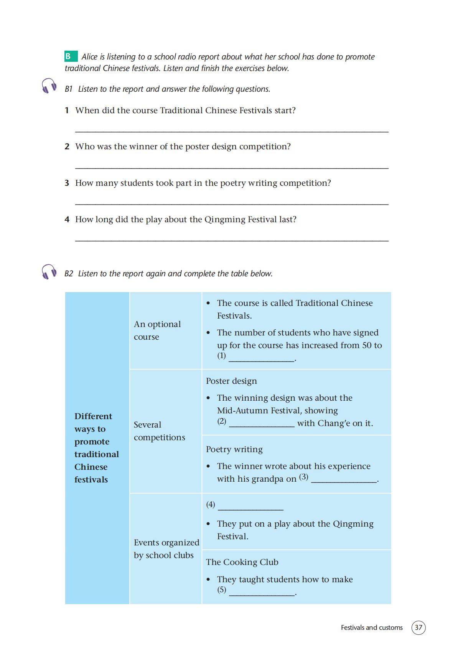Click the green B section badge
[x=71, y=56]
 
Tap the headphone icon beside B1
[x=49, y=86]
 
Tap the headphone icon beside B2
[x=49, y=271]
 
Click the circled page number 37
[x=418, y=628]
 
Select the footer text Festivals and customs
[x=371, y=628]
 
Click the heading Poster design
[x=231, y=381]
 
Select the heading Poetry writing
[x=234, y=449]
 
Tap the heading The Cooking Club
[x=242, y=562]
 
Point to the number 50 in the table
[x=367, y=345]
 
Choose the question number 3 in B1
[x=67, y=183]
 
